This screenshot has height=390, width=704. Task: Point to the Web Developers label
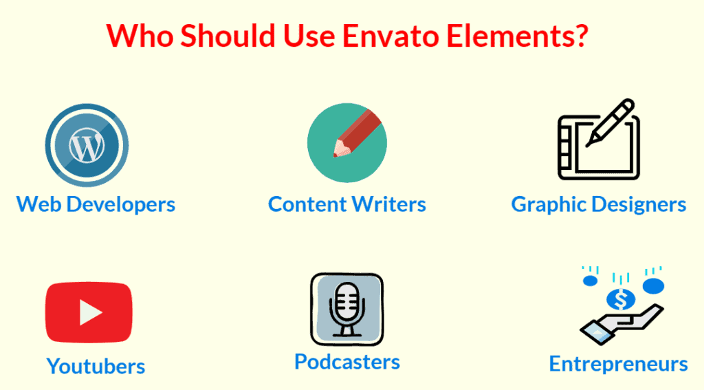coord(96,204)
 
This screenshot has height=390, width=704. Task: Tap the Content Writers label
coord(347,204)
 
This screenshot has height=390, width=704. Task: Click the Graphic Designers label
coord(599,204)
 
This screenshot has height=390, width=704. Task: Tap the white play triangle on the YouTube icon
coord(89,313)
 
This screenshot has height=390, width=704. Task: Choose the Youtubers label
coord(96,366)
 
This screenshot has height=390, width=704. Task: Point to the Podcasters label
coord(347,361)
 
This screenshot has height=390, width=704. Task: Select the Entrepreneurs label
coord(618,364)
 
